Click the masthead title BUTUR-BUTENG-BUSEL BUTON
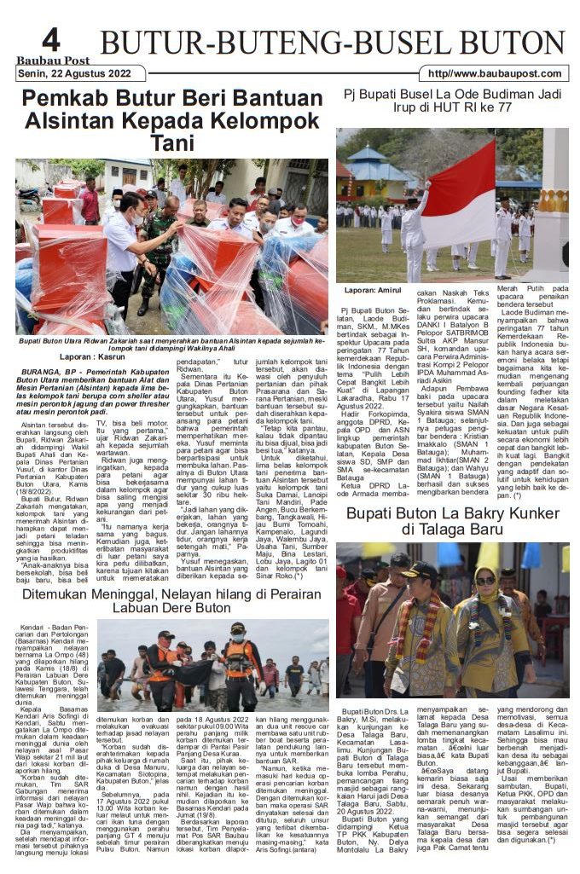333,43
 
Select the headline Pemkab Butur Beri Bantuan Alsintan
171,120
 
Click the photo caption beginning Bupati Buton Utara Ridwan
171,344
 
